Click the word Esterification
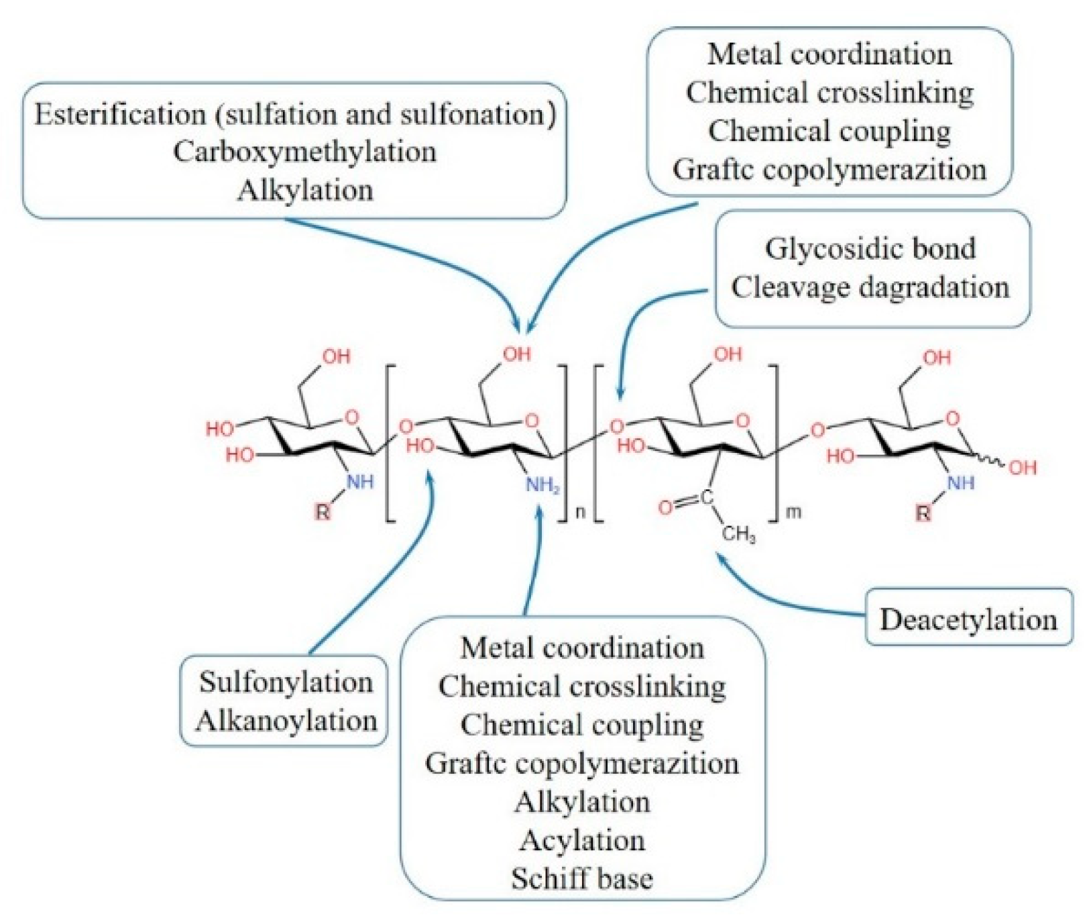[x=119, y=115]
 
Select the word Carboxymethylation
[x=305, y=152]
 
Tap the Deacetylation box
[x=968, y=619]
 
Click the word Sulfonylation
[x=286, y=682]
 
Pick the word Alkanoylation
[x=286, y=721]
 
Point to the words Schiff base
[x=581, y=878]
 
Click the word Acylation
[x=581, y=840]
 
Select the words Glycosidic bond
[x=870, y=249]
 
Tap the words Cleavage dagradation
[x=870, y=288]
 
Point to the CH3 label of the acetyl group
[x=738, y=535]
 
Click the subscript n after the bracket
[x=581, y=512]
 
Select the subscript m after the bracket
[x=793, y=512]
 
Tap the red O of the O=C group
[x=665, y=508]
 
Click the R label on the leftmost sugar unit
[x=323, y=513]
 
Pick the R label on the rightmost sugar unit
[x=923, y=514]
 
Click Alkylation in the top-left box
[x=305, y=191]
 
